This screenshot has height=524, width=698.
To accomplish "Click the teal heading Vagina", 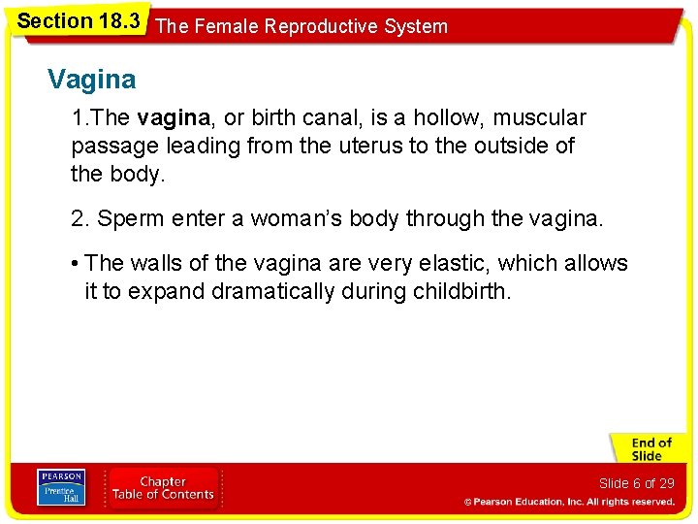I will (92, 79).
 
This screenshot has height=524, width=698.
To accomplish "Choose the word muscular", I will (541, 118).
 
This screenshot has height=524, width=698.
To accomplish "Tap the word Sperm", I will (131, 219).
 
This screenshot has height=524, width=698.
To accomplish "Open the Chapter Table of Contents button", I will (163, 487).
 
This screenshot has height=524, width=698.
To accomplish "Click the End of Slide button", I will (648, 449).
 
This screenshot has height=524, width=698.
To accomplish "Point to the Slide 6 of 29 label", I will (636, 483).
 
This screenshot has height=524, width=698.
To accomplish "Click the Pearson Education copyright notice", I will (569, 502).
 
